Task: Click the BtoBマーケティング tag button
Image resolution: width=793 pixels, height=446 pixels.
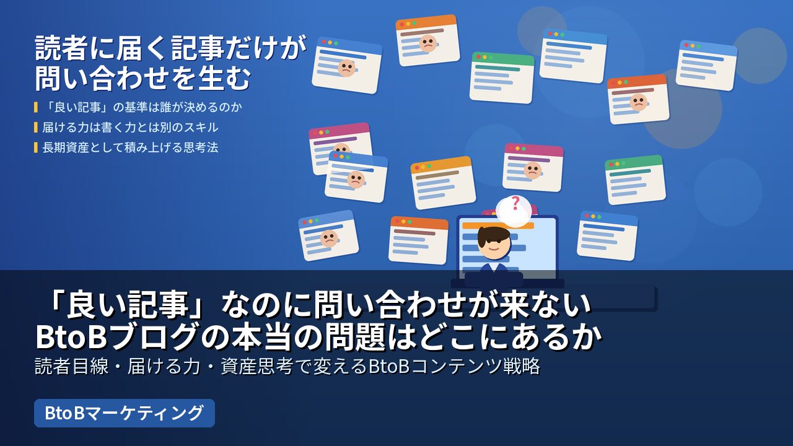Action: pos(125,413)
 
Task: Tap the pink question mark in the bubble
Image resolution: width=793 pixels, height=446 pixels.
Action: pos(515,204)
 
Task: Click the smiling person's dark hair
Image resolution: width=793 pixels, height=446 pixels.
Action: pos(494,236)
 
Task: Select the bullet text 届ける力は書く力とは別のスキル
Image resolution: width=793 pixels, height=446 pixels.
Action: pos(130,128)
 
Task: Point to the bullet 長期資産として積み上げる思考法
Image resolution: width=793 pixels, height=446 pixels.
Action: pos(130,147)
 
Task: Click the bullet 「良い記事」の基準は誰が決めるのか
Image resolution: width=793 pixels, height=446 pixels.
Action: pos(142,107)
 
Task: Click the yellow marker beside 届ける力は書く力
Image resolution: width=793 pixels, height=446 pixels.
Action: pos(36,128)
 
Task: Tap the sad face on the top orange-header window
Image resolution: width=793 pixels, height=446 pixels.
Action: pos(427,43)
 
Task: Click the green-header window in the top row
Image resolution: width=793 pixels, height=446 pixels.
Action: pos(502,77)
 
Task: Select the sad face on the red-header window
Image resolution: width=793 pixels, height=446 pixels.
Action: pos(638,102)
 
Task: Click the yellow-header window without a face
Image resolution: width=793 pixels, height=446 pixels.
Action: pos(443,183)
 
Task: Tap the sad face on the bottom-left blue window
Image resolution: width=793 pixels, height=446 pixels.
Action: pos(329,238)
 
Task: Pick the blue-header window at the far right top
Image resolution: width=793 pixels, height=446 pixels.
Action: pos(706,65)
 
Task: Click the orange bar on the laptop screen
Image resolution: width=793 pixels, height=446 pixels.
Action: pos(498,225)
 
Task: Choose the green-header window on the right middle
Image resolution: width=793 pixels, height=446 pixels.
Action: pos(635,180)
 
